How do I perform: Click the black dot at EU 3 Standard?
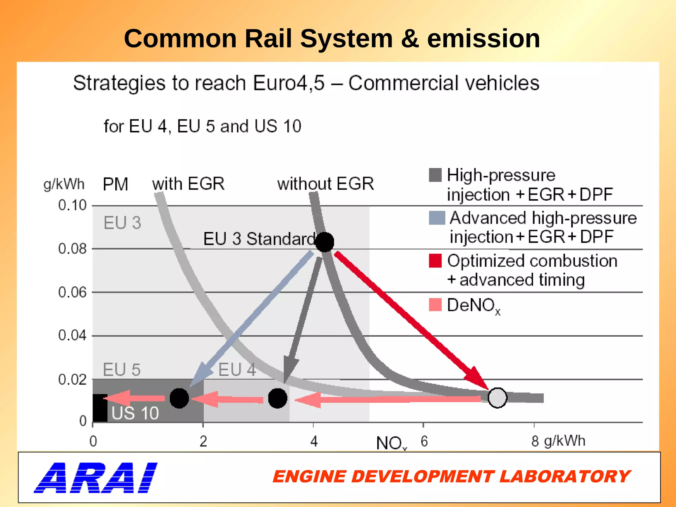[x=324, y=242]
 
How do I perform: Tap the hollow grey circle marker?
[x=497, y=398]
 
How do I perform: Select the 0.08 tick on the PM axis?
[x=72, y=249]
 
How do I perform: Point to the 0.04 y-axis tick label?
[x=72, y=335]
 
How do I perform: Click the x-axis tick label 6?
[x=424, y=441]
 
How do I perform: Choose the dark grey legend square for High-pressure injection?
[x=435, y=175]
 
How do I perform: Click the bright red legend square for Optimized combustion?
[x=435, y=261]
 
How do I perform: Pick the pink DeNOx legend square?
[x=435, y=304]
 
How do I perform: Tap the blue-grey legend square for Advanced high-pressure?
[x=436, y=218]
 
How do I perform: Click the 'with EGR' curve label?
[x=188, y=184]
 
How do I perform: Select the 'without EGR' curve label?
[x=325, y=184]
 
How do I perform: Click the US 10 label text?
[x=135, y=413]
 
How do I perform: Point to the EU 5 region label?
[x=121, y=369]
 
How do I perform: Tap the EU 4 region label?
[x=237, y=369]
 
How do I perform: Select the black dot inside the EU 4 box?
[x=277, y=398]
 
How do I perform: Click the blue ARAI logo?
[x=96, y=478]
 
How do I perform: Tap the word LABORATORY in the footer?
[x=564, y=477]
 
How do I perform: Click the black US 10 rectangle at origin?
[x=100, y=408]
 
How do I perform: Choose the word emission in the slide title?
[x=484, y=39]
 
